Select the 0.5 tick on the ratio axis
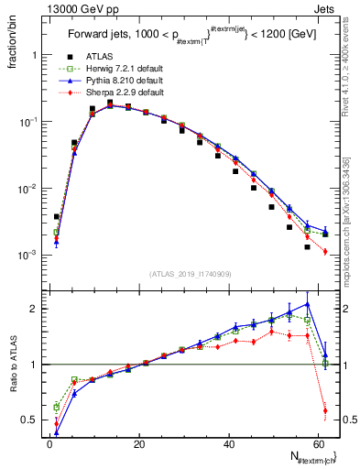coord(32,420)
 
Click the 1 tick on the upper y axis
coord(37,55)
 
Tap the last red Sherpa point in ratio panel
coord(325,409)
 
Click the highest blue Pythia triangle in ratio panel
coord(308,304)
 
